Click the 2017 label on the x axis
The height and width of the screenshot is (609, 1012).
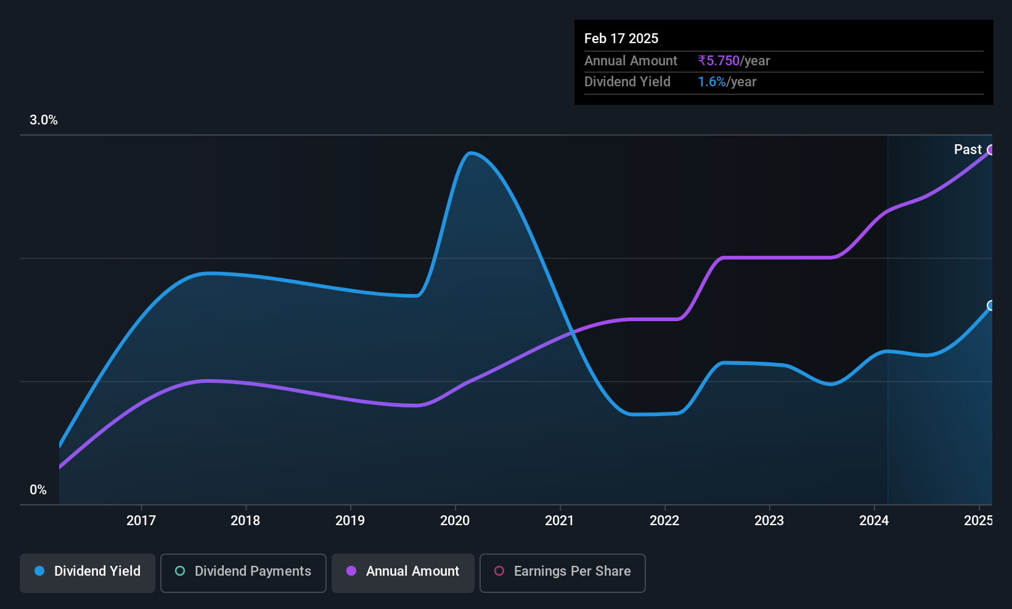tap(141, 520)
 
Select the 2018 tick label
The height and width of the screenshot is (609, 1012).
tap(245, 520)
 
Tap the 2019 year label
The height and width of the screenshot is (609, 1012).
tap(350, 520)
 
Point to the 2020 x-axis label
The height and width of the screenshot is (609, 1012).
tap(455, 520)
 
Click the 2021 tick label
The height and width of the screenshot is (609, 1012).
tap(559, 520)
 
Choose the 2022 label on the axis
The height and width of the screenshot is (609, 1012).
tap(664, 520)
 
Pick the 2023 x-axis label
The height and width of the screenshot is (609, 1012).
tap(769, 520)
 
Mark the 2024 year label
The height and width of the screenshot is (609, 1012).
tap(874, 520)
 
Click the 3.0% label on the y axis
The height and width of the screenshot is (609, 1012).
tap(44, 120)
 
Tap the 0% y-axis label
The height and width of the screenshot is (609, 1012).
tap(38, 490)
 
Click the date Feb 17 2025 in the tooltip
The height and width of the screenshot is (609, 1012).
tap(621, 39)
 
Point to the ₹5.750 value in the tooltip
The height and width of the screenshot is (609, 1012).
tap(719, 60)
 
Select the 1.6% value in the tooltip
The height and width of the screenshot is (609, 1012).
tap(712, 82)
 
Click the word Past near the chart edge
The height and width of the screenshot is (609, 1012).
tap(968, 150)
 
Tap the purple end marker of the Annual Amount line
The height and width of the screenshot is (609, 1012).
tap(990, 150)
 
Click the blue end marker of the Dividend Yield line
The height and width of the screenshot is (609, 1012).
tap(990, 305)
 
